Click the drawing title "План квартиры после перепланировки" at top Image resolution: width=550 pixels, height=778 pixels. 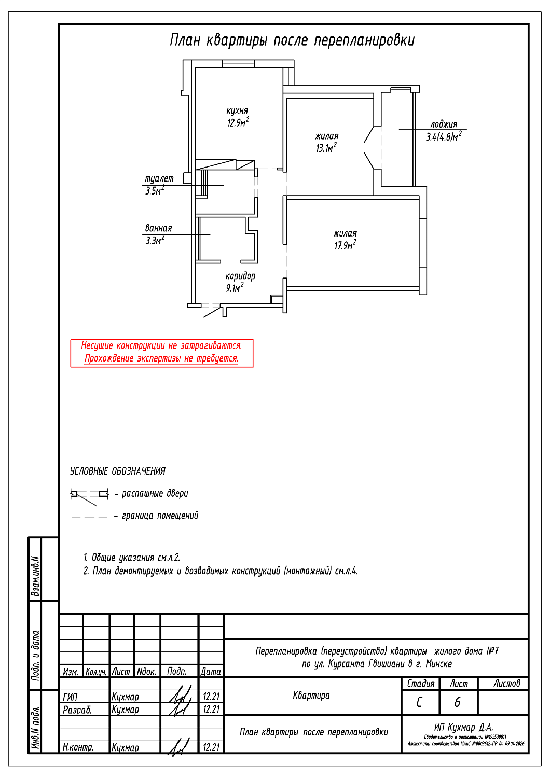(x=292, y=40)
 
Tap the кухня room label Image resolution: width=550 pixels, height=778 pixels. (x=237, y=111)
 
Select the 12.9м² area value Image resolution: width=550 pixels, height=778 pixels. (x=238, y=122)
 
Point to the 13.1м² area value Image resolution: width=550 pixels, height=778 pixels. (x=326, y=148)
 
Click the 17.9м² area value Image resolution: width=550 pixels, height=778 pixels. (x=345, y=245)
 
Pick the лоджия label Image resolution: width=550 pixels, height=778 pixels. (x=444, y=124)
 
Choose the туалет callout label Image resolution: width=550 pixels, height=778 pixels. (x=159, y=179)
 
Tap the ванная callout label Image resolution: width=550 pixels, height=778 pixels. (x=158, y=228)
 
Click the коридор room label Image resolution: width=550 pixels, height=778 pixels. (x=240, y=276)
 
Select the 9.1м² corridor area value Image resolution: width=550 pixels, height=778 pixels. (x=235, y=288)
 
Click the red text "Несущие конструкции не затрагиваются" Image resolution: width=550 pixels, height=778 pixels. (x=161, y=346)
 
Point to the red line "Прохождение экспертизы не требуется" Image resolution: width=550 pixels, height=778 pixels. (x=161, y=358)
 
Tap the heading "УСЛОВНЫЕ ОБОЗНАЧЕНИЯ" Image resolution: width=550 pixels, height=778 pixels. (x=118, y=471)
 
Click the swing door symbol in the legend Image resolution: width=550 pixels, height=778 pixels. (x=90, y=495)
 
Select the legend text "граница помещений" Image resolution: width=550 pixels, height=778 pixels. (x=160, y=516)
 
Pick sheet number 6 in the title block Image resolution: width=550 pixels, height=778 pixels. (x=457, y=702)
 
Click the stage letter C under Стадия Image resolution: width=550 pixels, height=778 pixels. (x=419, y=702)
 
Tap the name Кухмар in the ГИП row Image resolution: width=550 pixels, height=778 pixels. (x=125, y=697)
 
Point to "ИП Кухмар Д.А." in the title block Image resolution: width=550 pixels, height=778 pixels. (x=463, y=727)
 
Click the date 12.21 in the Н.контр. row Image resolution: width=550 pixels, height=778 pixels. (x=211, y=747)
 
